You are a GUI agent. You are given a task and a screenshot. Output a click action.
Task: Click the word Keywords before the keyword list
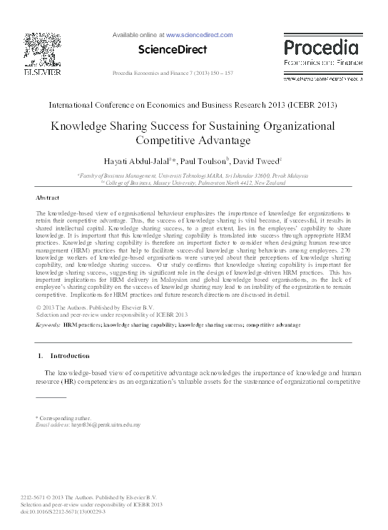click(47, 325)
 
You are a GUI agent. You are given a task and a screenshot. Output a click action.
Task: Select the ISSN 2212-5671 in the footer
click(49, 496)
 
